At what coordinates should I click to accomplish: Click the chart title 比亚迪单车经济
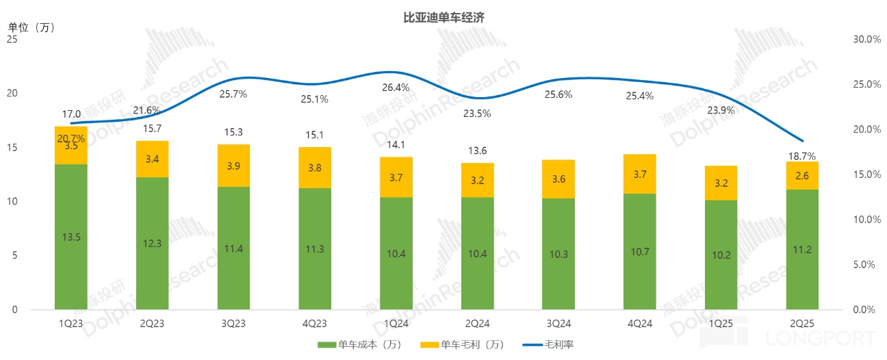click(443, 18)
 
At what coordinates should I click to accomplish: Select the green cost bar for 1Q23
click(71, 237)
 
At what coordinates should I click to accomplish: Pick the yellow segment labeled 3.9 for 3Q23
click(233, 166)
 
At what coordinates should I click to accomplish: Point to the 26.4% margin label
click(396, 88)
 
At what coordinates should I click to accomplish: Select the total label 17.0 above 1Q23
click(71, 114)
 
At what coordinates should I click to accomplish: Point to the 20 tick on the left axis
click(13, 94)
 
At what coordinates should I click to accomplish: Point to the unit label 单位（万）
click(31, 27)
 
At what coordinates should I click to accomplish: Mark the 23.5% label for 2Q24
click(477, 114)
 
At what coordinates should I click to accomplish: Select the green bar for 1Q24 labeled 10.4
click(396, 253)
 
